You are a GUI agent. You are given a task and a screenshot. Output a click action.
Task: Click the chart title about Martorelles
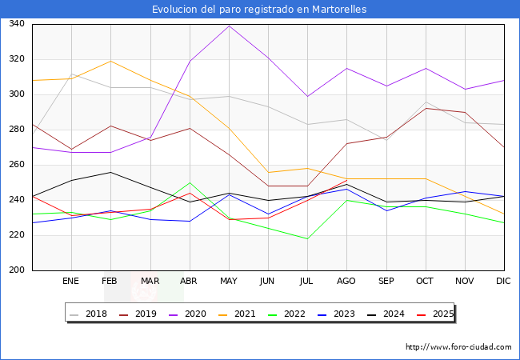coord(260,10)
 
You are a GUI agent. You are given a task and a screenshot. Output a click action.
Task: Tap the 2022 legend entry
coord(291,314)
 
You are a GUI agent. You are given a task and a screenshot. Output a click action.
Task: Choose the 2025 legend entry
coord(439,314)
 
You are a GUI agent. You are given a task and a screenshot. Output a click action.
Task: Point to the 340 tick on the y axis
coord(15,24)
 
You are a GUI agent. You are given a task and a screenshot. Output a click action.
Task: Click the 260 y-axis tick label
coord(15,165)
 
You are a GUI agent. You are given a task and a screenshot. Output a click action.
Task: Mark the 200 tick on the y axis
coord(15,270)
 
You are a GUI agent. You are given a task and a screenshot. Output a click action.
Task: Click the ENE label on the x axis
coord(70,282)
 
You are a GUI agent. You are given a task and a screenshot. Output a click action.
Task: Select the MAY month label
coord(228,282)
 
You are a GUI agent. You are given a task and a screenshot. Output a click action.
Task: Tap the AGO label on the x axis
coord(346,282)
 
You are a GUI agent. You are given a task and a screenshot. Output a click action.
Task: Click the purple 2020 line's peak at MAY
coord(229,26)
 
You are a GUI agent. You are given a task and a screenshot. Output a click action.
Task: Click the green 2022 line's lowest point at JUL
coord(307,238)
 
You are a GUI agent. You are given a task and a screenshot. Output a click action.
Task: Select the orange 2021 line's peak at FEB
coord(110,61)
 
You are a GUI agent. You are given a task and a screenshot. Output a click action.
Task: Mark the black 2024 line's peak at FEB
coord(110,172)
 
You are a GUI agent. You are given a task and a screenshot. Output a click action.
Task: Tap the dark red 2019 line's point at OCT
coord(426,108)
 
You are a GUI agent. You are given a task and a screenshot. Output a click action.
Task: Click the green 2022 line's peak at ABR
coord(190,182)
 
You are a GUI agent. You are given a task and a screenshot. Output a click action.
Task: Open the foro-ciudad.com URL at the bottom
coord(458,347)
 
